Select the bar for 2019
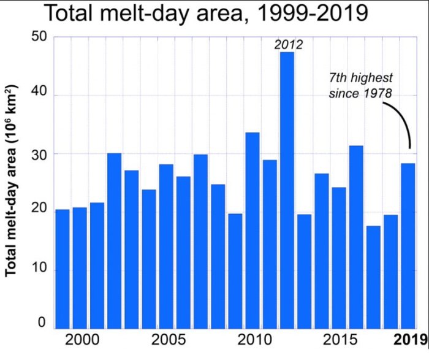coord(408,245)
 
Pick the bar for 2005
coord(166,246)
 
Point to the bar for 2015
coord(339,258)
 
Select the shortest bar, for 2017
coord(373,277)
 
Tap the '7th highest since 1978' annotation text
coord(360,86)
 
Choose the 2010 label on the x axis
coord(252,340)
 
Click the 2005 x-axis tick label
coord(166,340)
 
